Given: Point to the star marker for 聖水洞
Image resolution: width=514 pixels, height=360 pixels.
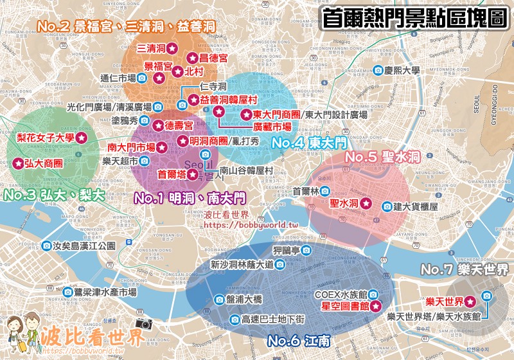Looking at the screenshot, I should [x=366, y=203].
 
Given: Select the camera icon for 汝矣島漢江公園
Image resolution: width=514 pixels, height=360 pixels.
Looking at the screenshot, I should [x=47, y=246].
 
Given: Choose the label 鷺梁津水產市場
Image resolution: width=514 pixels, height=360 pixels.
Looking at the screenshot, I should [x=106, y=292].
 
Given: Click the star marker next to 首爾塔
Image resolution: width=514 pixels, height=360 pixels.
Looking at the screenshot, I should [x=192, y=174].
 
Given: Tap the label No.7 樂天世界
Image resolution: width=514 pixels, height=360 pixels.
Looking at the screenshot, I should [x=465, y=268].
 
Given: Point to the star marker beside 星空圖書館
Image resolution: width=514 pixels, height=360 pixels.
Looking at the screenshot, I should [x=377, y=306].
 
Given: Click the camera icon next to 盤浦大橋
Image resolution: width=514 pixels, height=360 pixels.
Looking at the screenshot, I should [x=217, y=300].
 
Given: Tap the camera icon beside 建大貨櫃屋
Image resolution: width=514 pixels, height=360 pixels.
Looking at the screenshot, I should [x=387, y=206].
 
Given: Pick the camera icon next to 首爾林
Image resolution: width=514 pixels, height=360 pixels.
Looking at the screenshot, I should [x=326, y=191].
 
